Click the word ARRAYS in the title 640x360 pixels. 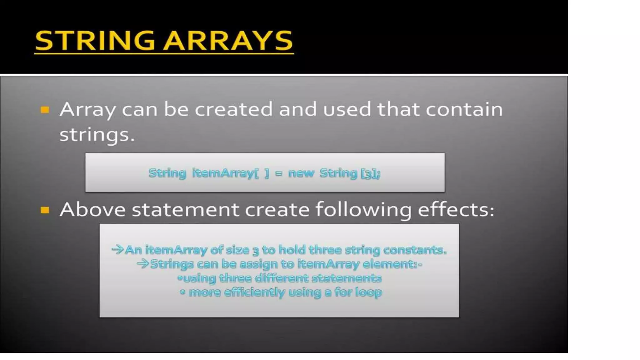pyautogui.click(x=228, y=41)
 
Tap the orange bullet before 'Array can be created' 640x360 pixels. pyautogui.click(x=45, y=110)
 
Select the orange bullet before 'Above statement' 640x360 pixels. pyautogui.click(x=45, y=210)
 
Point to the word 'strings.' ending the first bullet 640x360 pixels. pyautogui.click(x=97, y=135)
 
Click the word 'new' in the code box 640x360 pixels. pyautogui.click(x=301, y=173)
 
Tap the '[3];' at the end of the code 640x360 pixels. pyautogui.click(x=371, y=173)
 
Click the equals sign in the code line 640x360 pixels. pyautogui.click(x=278, y=173)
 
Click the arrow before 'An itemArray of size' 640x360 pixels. pyautogui.click(x=118, y=249)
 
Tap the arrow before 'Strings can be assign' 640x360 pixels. pyautogui.click(x=143, y=264)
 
